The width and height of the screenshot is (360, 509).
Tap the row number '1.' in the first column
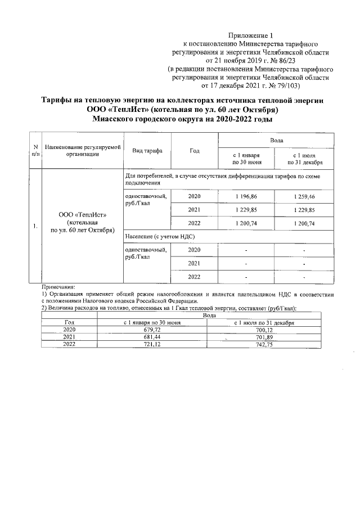35,226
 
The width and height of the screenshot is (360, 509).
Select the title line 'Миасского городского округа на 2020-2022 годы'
180,120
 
